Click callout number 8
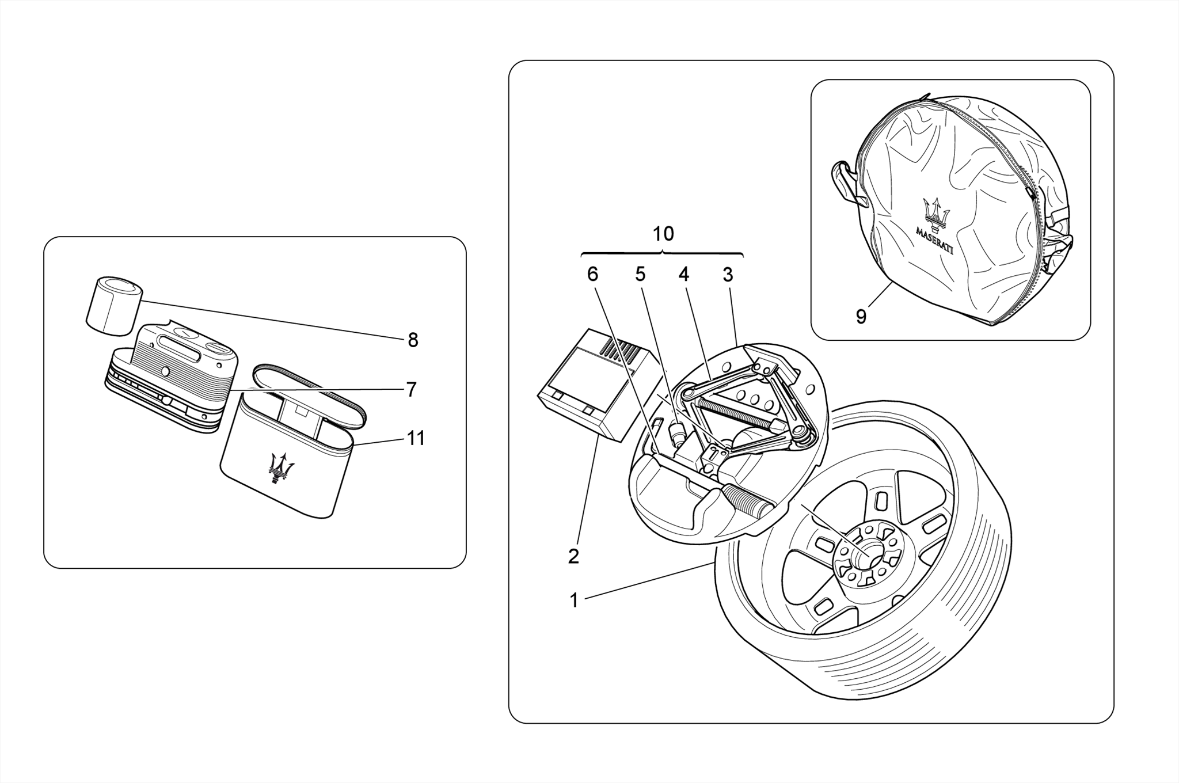(413, 340)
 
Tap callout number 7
(411, 390)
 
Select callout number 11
(416, 438)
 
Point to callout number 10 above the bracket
(663, 234)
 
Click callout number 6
(592, 274)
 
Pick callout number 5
(640, 274)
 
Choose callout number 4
(683, 274)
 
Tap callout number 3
(728, 274)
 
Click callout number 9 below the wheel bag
(861, 317)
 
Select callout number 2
(573, 557)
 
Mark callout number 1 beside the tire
(573, 600)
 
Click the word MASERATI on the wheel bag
(934, 241)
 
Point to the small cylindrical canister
(114, 306)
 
